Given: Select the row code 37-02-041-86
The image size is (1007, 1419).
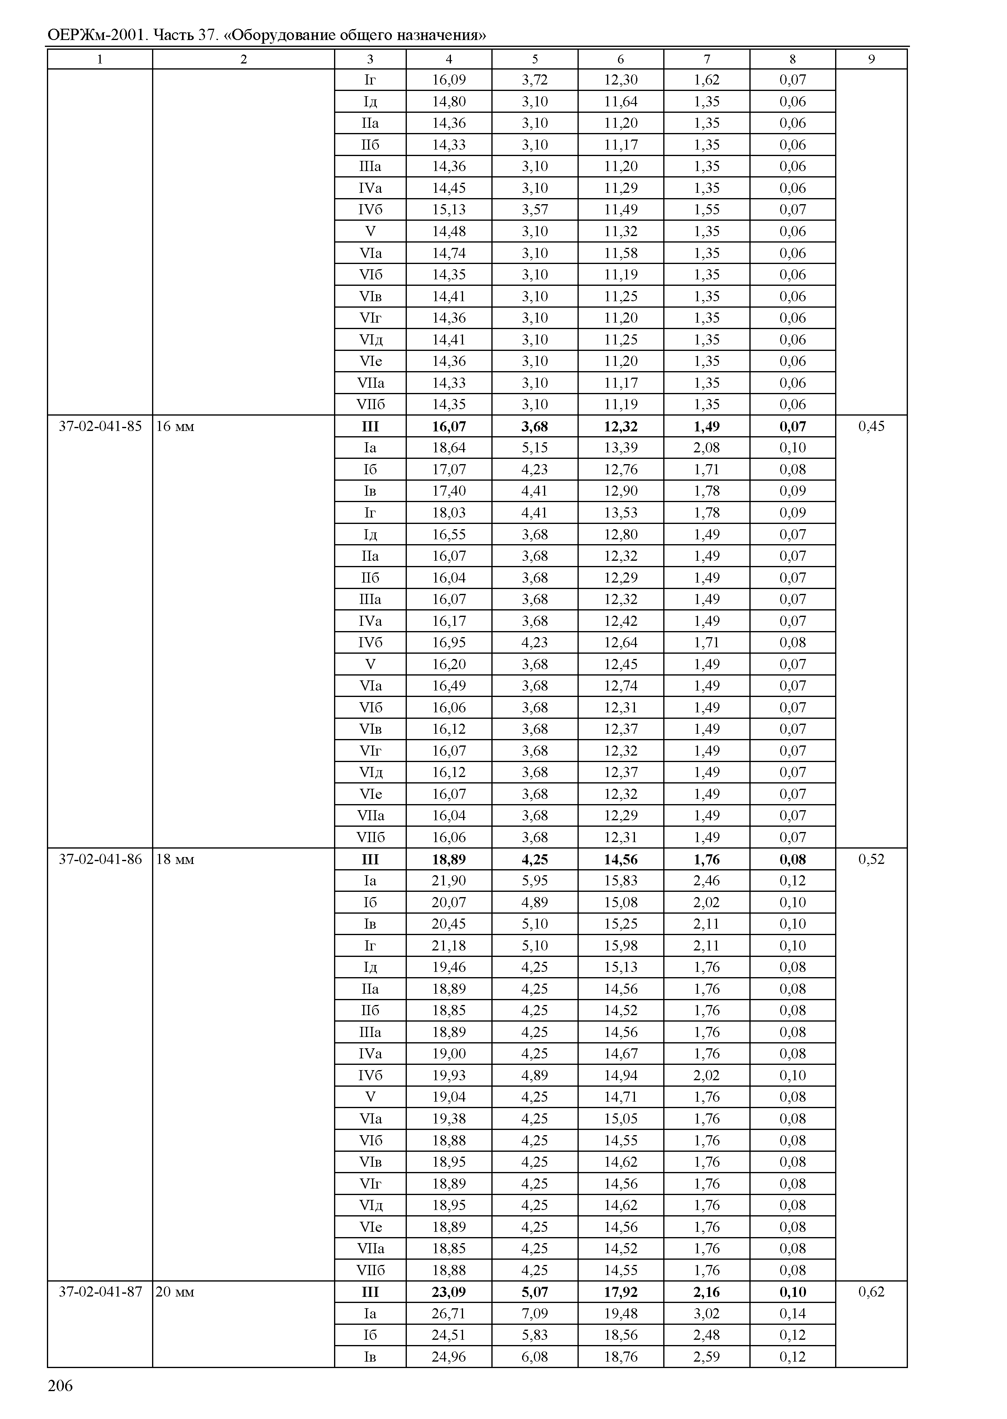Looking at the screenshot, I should (x=100, y=859).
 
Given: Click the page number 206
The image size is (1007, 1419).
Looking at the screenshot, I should (x=60, y=1385).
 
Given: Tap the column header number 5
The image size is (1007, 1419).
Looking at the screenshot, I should (x=535, y=59).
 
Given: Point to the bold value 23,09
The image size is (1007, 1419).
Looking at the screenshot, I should (x=448, y=1292).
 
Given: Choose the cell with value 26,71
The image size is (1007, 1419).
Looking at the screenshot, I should (x=448, y=1313).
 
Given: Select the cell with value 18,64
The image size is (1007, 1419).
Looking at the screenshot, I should (x=448, y=448).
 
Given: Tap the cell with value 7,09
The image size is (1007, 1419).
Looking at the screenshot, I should (x=535, y=1313).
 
